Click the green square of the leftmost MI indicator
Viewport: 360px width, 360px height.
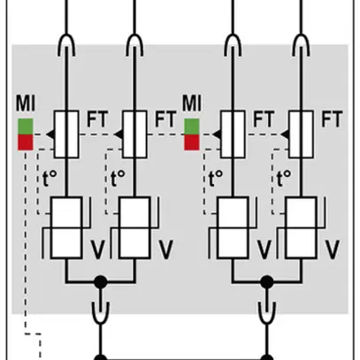click(25, 126)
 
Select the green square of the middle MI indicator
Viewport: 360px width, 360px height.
click(190, 126)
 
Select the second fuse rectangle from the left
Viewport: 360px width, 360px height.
click(134, 132)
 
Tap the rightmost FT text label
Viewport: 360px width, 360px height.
click(332, 116)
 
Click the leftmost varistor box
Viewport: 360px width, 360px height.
click(67, 228)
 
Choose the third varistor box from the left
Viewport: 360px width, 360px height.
click(234, 228)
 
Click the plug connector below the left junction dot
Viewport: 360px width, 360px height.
click(100, 312)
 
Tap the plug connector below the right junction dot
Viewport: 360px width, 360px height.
click(266, 312)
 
